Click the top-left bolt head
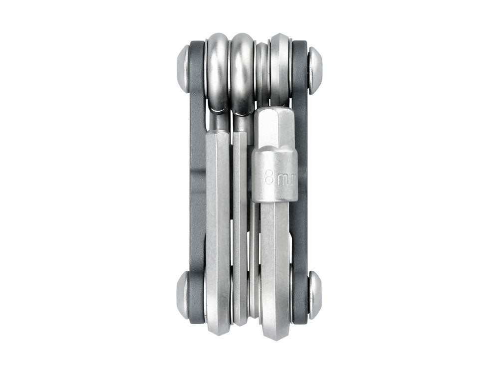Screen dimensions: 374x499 click(x=184, y=69)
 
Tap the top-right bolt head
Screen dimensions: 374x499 click(x=315, y=70)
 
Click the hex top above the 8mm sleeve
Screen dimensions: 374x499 click(x=275, y=127)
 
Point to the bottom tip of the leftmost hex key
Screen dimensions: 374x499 click(x=218, y=329)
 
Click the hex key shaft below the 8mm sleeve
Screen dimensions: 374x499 click(x=275, y=259)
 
